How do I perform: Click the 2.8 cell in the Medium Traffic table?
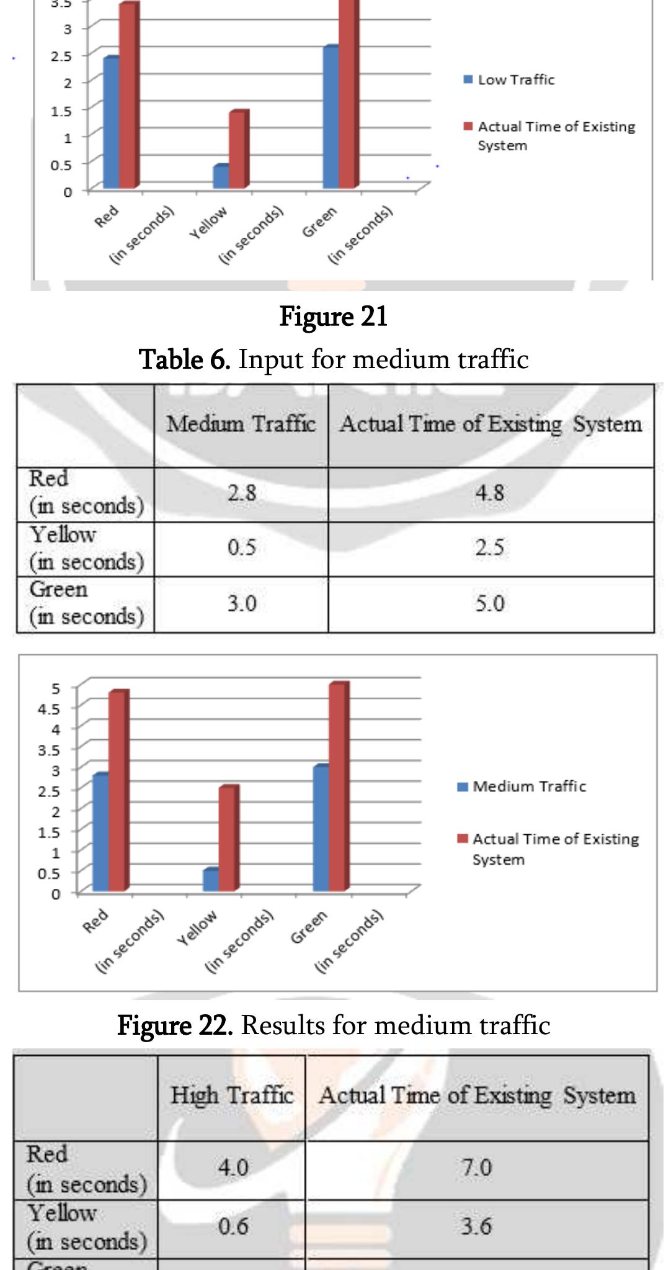(241, 493)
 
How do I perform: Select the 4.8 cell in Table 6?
(490, 493)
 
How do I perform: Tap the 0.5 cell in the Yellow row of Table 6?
(241, 548)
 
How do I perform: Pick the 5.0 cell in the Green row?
(490, 603)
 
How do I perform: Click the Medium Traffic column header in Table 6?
(241, 425)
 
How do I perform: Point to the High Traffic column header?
(232, 1096)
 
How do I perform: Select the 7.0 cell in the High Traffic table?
(476, 1168)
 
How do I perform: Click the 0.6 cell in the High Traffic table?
(233, 1227)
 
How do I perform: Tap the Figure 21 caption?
(333, 317)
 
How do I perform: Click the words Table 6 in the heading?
(184, 359)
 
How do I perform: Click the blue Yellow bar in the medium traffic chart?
(210, 880)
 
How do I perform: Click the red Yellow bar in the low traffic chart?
(238, 149)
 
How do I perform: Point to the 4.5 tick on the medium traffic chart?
(56, 708)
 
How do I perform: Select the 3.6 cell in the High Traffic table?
(476, 1227)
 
